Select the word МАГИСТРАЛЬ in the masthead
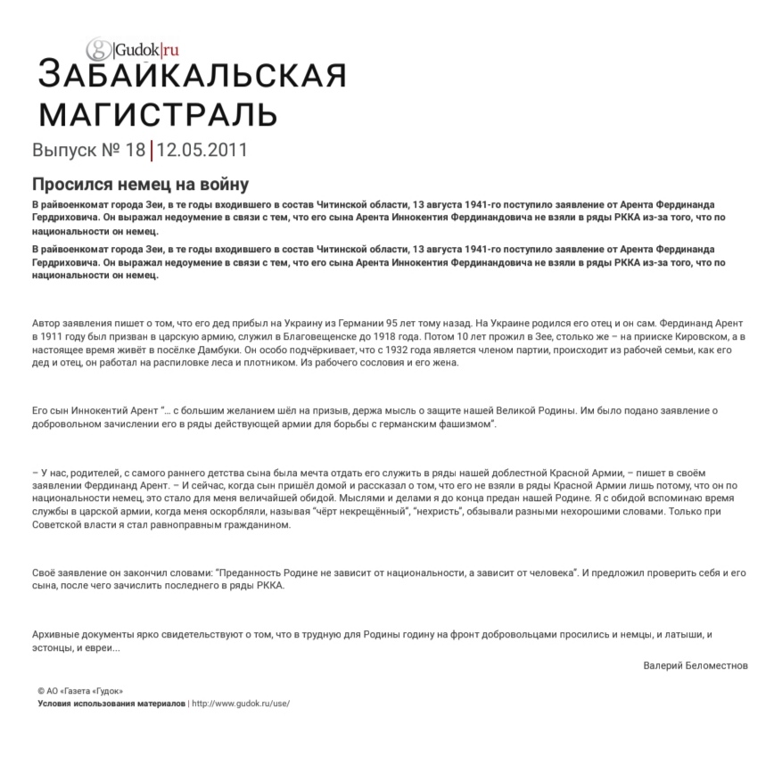pyautogui.click(x=158, y=113)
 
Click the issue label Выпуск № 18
pyautogui.click(x=88, y=150)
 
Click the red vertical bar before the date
pyautogui.click(x=152, y=150)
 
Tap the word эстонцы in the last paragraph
pyautogui.click(x=57, y=647)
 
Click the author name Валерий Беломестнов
pyautogui.click(x=696, y=665)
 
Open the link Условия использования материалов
pyautogui.click(x=111, y=703)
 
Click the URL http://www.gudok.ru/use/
pyautogui.click(x=241, y=703)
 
